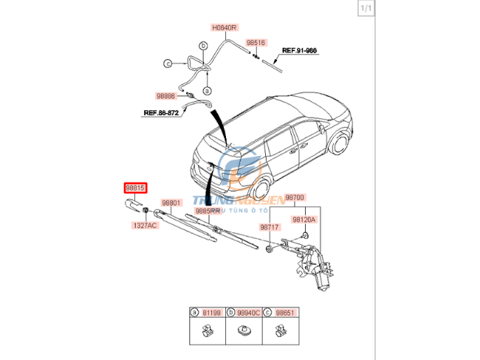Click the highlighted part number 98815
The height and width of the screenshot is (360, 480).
(x=135, y=189)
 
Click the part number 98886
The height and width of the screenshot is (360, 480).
(x=165, y=96)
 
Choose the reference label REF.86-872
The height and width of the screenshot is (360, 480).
(x=162, y=113)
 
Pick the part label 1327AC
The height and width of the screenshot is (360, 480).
(x=145, y=225)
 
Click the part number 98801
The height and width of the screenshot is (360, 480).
(x=171, y=202)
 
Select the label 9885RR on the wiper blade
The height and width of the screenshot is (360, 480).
(x=208, y=211)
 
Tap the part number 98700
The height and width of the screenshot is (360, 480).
(x=295, y=197)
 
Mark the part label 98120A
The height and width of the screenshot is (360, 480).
(x=303, y=220)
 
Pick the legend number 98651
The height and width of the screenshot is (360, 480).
(x=284, y=313)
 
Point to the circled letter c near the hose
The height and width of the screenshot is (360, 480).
(x=168, y=64)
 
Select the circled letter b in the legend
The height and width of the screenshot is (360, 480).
(x=230, y=313)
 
